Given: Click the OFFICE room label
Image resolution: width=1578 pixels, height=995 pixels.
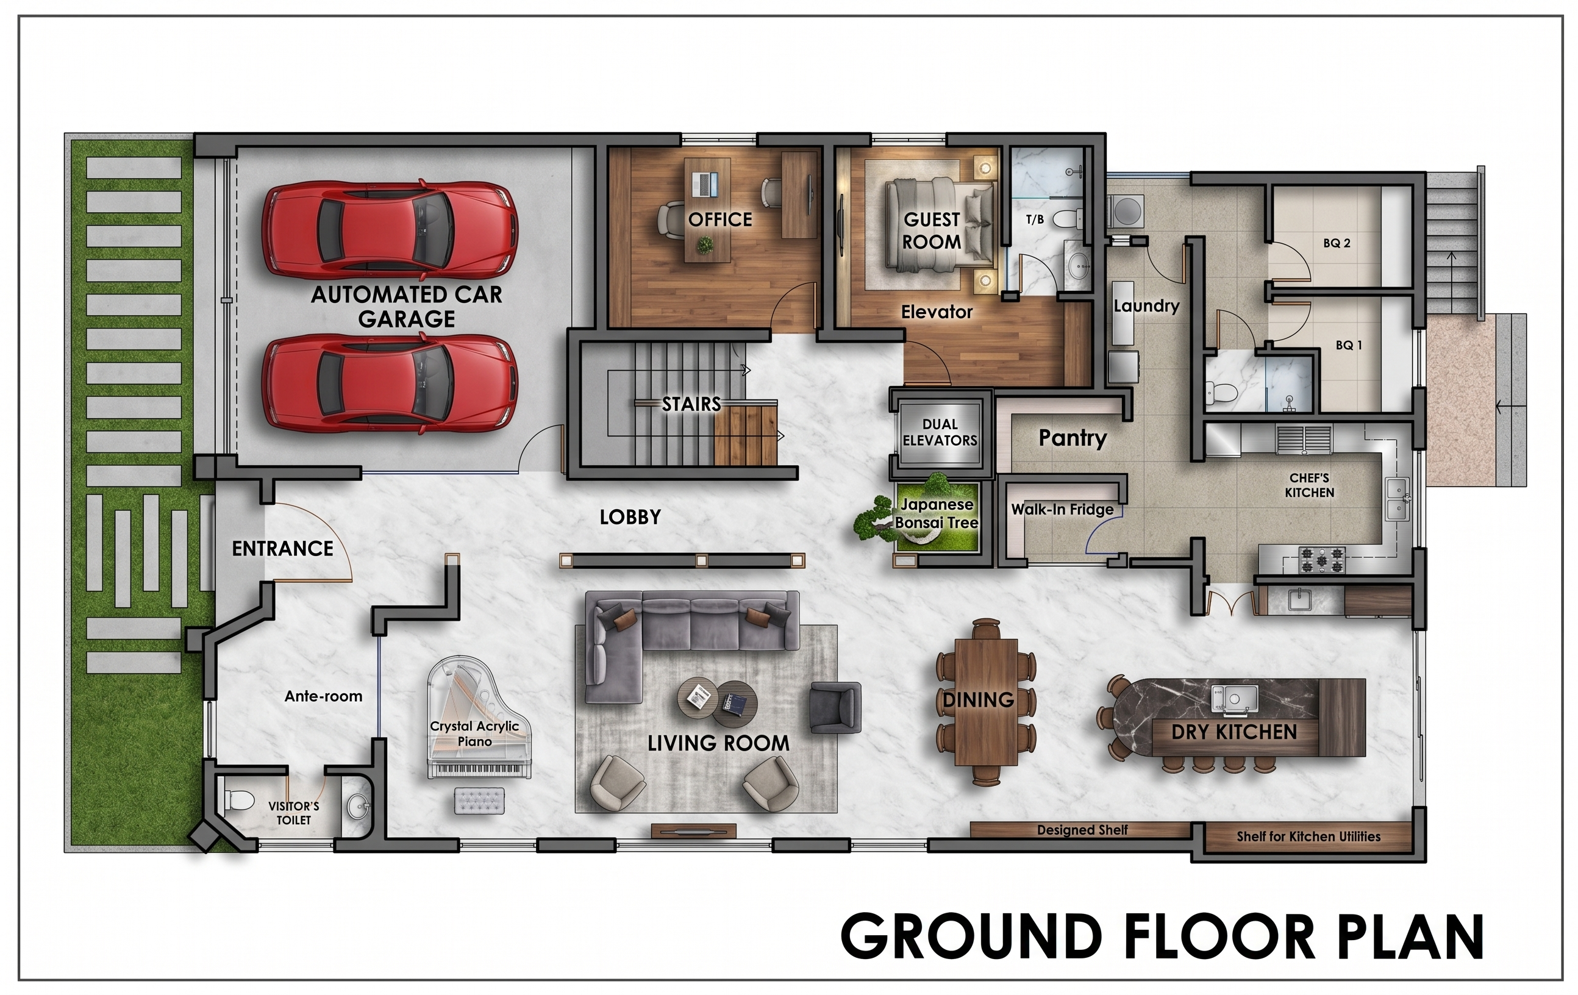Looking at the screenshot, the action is coord(720,219).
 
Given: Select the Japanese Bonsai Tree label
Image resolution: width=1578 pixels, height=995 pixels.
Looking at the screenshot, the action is coord(937,513).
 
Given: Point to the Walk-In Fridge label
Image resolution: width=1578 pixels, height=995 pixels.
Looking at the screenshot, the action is coord(1062,509).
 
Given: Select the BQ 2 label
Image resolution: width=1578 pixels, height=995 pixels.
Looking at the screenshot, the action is coord(1337,243).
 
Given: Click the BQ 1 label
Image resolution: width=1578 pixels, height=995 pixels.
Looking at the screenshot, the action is coord(1349,345).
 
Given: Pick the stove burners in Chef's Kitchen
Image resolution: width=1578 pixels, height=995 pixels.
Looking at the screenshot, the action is coord(1322,560).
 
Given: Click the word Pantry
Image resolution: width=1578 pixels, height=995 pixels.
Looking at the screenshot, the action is coord(1073,437).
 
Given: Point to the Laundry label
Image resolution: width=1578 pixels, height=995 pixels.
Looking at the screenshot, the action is coord(1146,305).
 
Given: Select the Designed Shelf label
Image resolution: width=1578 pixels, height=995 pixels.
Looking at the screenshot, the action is coord(1082,830).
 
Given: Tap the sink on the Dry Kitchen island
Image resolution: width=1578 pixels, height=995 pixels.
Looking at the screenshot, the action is coord(1234,698).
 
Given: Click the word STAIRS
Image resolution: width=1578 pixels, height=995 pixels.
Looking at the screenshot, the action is coord(691,404).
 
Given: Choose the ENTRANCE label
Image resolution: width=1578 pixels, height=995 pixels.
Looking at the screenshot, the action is coord(282,548).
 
